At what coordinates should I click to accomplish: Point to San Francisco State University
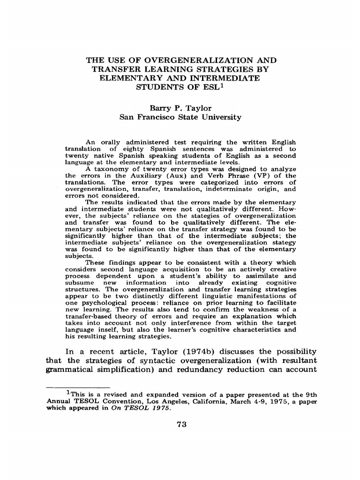pos(180,117)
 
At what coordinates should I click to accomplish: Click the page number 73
pos(181,425)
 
